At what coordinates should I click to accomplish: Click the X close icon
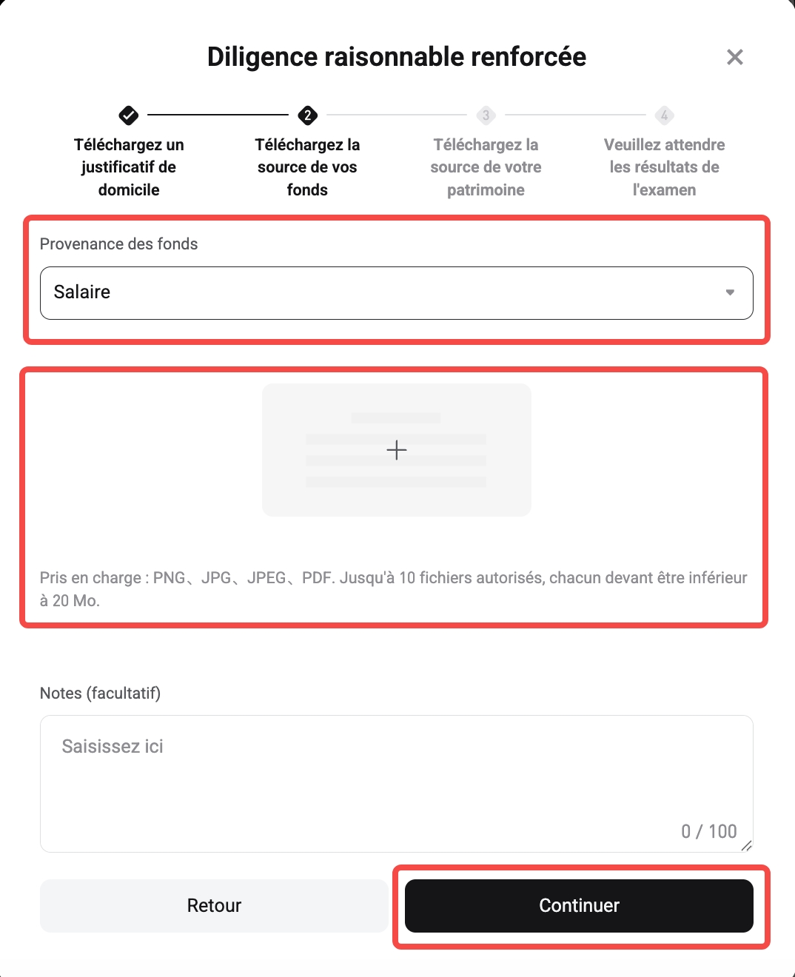(734, 57)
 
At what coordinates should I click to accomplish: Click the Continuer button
(579, 905)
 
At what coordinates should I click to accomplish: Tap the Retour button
(214, 905)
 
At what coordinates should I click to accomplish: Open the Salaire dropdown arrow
(730, 292)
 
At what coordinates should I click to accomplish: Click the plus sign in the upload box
(397, 450)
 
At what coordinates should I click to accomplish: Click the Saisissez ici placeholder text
(113, 746)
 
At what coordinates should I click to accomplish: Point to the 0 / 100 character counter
(708, 831)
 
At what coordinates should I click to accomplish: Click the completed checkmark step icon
(129, 115)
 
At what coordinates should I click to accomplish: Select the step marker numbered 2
(307, 115)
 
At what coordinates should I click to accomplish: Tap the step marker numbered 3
(486, 115)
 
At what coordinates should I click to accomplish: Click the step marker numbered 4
(664, 115)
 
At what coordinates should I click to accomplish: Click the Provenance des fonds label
(118, 244)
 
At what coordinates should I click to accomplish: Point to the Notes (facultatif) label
(100, 693)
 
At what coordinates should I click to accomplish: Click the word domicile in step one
(129, 189)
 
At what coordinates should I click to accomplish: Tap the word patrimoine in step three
(486, 189)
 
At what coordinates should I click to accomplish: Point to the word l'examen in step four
(664, 189)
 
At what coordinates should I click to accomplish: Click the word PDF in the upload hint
(317, 577)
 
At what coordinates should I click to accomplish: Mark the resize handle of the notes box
(746, 846)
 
